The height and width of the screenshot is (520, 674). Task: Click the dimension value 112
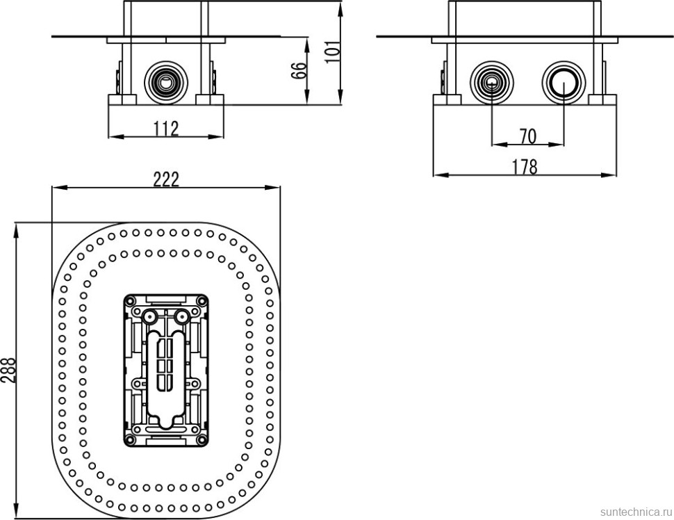point(167,128)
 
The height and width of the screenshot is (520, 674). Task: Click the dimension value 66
point(299,71)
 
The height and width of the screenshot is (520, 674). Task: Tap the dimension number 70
point(527,136)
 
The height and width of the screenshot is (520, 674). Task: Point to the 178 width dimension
point(525,167)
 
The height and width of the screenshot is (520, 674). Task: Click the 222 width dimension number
point(166,179)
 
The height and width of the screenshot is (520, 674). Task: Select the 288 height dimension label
point(8,371)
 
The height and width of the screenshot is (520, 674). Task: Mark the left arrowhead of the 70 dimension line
point(495,145)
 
